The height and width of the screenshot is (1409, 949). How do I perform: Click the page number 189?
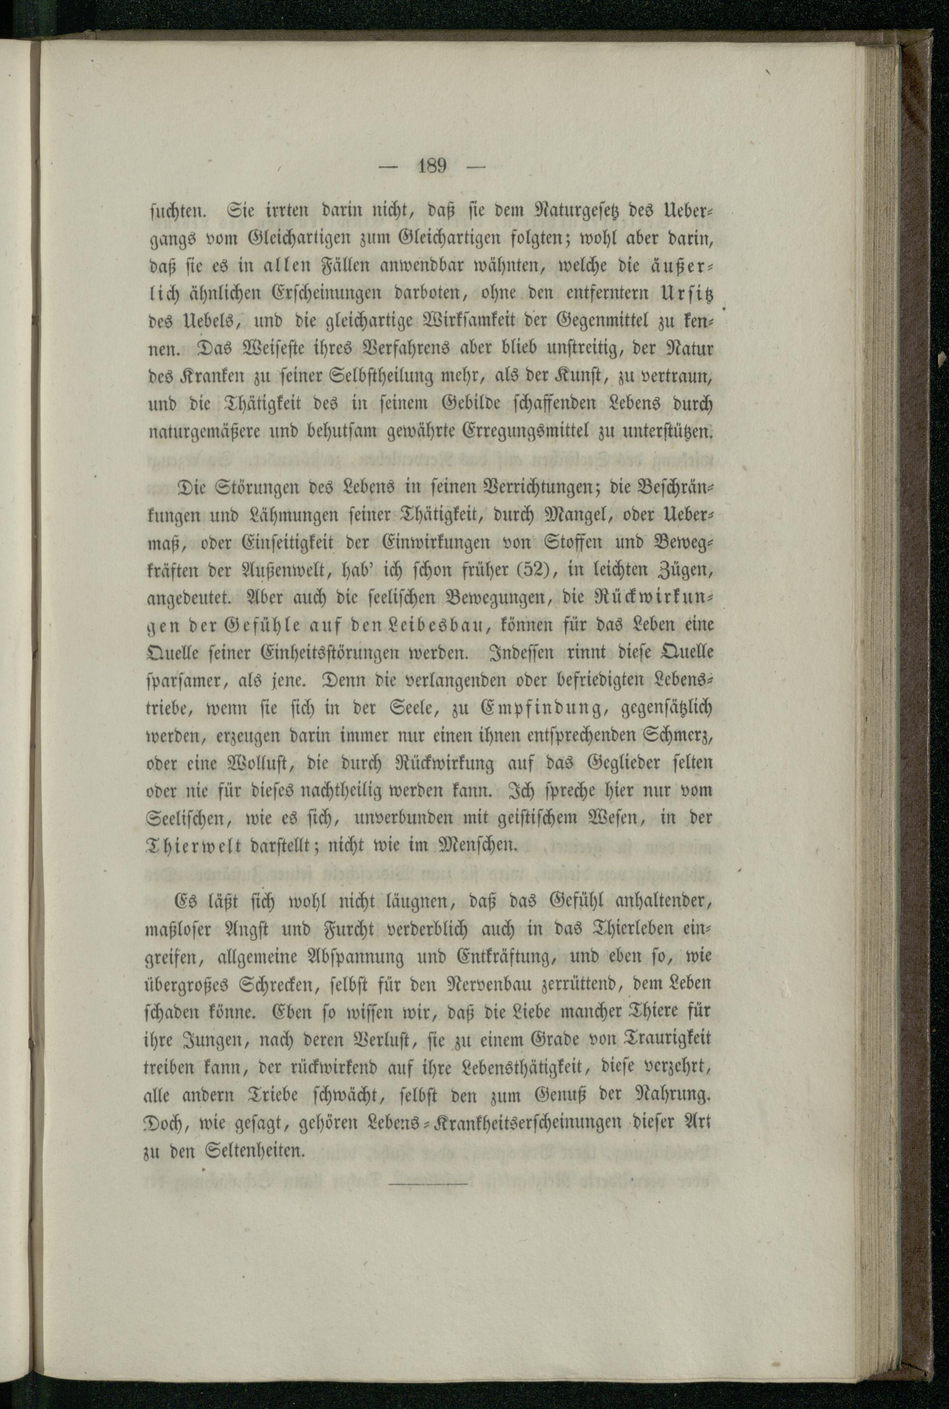pos(431,165)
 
